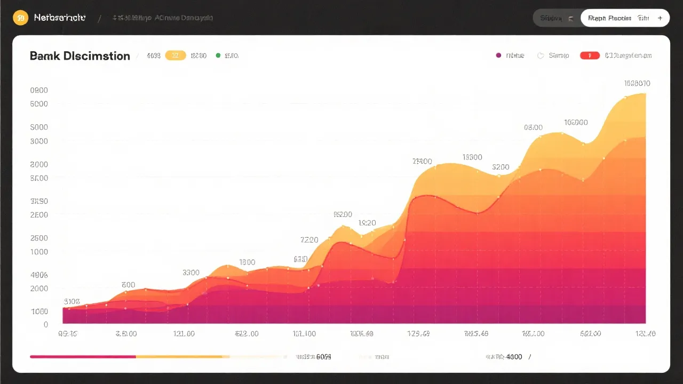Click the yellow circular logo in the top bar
(20, 18)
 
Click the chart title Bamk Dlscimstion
(80, 56)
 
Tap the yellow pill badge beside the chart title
(176, 55)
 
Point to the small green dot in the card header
(218, 55)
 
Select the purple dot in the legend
(498, 55)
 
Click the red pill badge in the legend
(590, 55)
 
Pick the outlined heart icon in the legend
(541, 55)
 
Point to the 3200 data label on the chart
(501, 167)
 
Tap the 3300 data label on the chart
(191, 273)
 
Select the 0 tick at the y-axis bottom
(46, 324)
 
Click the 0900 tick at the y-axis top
(39, 90)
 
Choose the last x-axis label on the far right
(645, 334)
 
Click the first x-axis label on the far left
(67, 334)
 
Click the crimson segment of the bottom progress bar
(83, 356)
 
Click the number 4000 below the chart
(514, 357)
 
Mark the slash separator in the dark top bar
(99, 18)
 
